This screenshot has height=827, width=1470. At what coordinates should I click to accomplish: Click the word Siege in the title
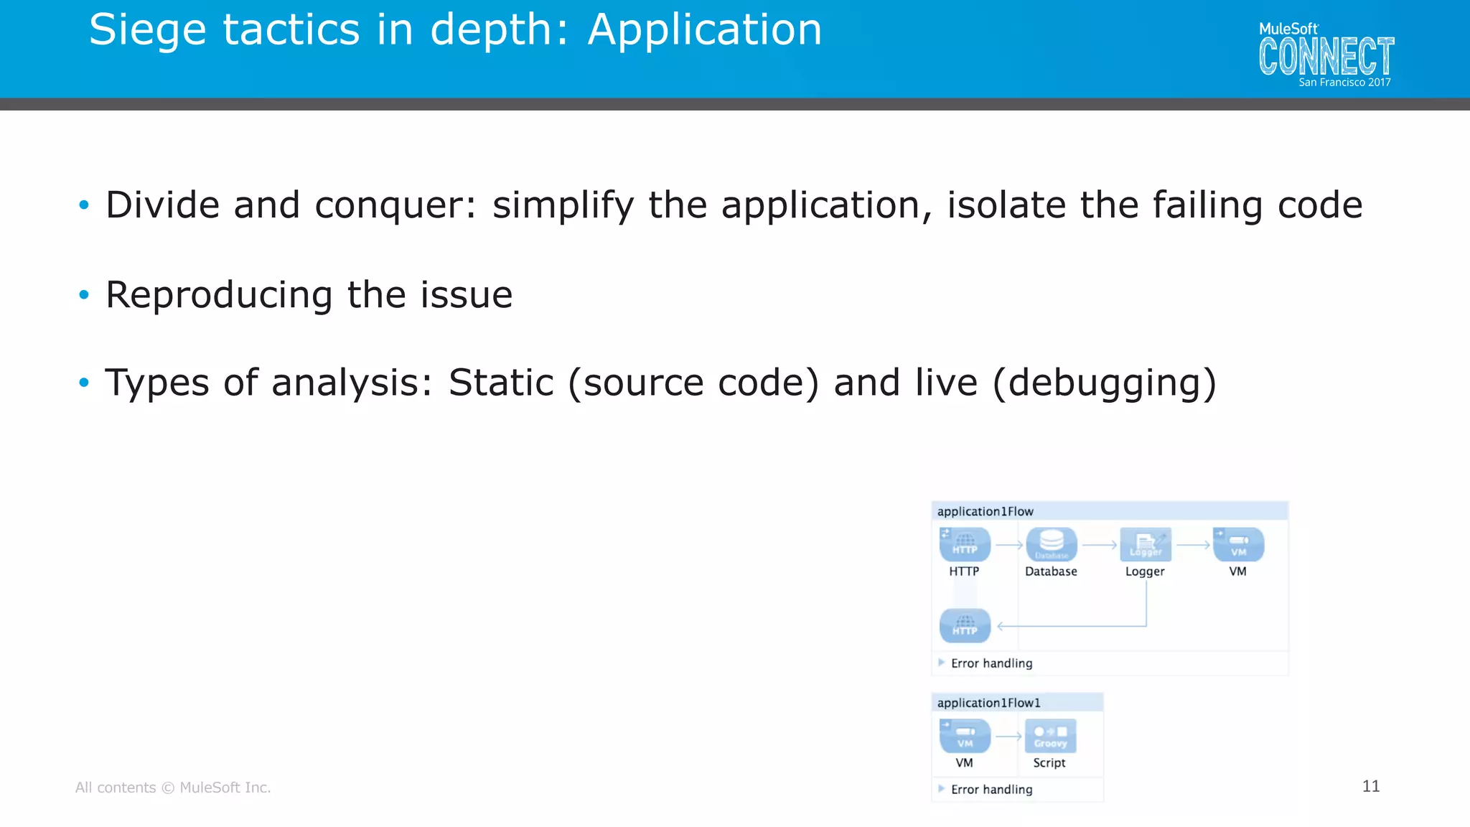[147, 30]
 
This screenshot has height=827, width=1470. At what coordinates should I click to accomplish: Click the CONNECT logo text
[1326, 57]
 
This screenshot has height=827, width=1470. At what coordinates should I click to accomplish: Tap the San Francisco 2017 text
[1344, 83]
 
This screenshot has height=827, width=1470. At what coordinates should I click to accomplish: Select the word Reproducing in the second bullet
[219, 295]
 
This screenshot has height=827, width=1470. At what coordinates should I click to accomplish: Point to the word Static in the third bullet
[501, 383]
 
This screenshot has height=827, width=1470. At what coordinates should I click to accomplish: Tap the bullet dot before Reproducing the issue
[84, 294]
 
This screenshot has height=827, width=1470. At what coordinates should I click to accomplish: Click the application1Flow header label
[985, 511]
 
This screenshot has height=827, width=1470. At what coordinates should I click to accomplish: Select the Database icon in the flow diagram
[1051, 545]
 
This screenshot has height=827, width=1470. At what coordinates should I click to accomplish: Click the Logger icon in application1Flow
[1145, 545]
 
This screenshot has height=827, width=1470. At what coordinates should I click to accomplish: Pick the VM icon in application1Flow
[1238, 545]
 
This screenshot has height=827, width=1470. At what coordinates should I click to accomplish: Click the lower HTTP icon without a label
[965, 625]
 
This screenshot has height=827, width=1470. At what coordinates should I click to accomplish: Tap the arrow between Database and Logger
[1099, 546]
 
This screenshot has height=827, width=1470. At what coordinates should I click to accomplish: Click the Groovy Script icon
[1050, 736]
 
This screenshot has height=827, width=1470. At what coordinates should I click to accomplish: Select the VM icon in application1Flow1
[965, 736]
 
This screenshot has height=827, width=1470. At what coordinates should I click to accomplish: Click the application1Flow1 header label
[988, 703]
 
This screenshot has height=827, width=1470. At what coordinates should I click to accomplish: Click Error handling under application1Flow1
[991, 789]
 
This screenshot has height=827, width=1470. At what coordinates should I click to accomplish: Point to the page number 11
[1370, 786]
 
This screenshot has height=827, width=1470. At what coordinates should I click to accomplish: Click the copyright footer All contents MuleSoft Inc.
[173, 788]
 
